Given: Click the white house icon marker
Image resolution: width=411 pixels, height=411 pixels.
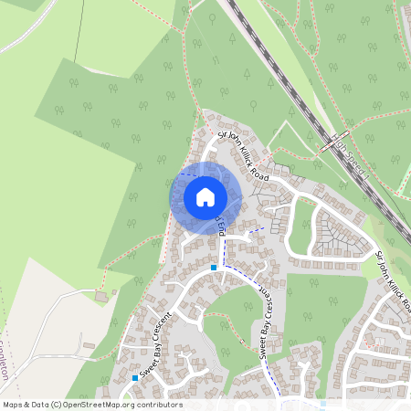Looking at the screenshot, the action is coord(205,197).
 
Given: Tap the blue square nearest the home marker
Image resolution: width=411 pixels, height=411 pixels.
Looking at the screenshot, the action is coord(214,267).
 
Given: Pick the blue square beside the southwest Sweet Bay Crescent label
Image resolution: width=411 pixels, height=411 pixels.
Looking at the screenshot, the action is coord(135,377).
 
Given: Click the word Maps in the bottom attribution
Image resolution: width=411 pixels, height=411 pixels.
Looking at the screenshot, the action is coord(13,405).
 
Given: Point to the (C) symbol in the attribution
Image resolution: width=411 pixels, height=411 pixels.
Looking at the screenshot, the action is coord(57,405).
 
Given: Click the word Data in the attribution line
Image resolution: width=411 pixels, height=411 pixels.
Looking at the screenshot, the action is coord(39,405).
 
